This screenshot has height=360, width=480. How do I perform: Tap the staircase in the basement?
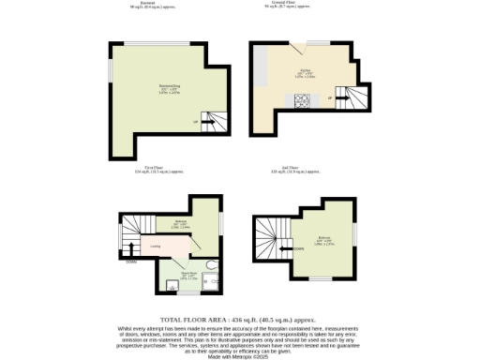(215, 119)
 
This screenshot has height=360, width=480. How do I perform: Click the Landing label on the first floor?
(155, 247)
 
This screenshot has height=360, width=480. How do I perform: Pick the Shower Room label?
(188, 275)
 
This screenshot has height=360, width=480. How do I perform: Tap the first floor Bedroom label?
(181, 224)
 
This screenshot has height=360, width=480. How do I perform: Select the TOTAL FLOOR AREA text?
(239, 320)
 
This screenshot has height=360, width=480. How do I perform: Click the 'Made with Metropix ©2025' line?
(239, 355)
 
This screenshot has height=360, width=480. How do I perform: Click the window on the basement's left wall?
(111, 70)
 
